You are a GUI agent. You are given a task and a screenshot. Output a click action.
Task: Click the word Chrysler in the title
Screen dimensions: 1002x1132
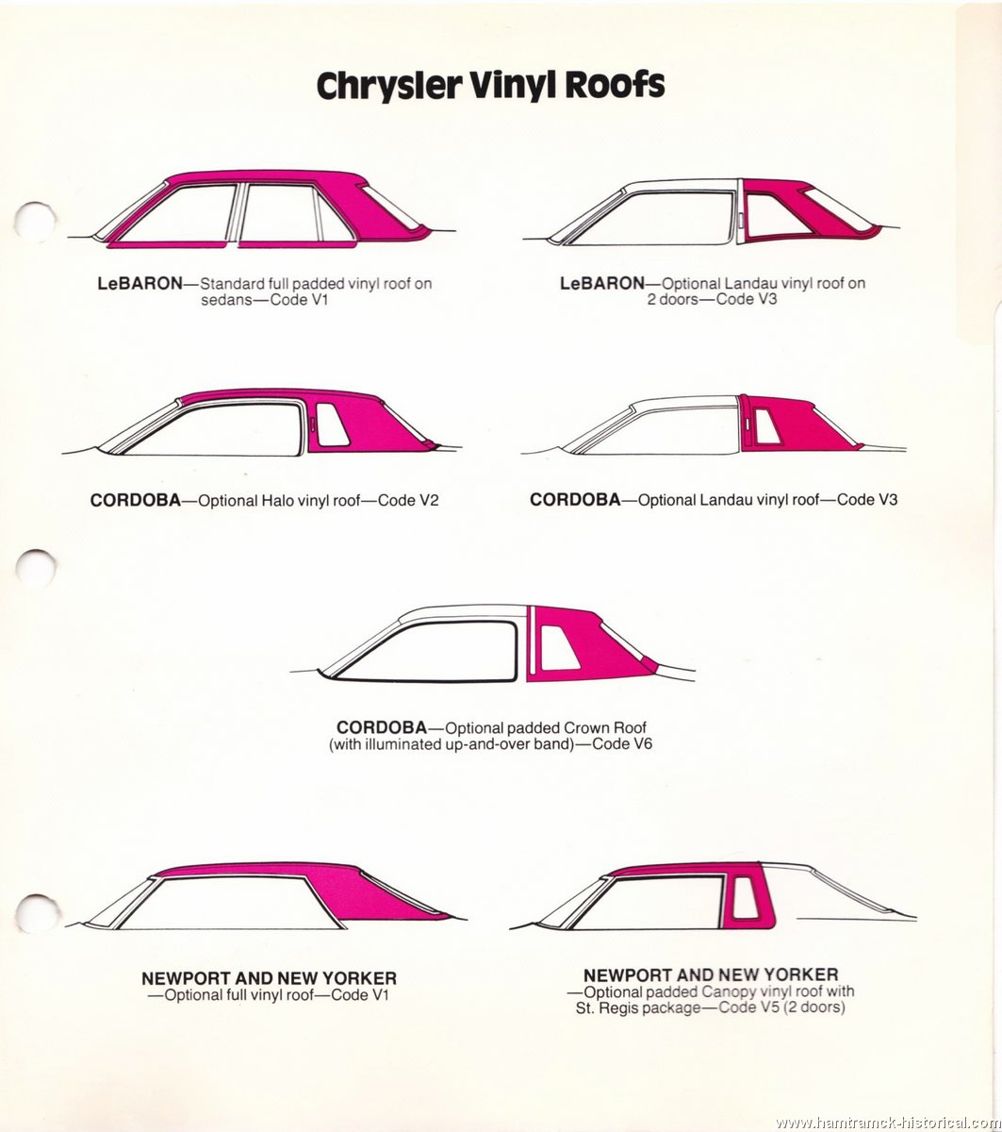(x=388, y=87)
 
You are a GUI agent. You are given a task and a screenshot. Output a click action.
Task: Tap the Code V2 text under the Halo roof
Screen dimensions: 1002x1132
(x=408, y=500)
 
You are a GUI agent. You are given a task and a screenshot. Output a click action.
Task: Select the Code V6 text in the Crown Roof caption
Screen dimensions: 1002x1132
(x=622, y=744)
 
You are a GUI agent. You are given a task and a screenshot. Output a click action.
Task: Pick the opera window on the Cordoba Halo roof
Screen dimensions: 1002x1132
(x=331, y=424)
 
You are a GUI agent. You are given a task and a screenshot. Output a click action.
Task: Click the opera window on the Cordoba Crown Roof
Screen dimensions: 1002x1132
(x=559, y=648)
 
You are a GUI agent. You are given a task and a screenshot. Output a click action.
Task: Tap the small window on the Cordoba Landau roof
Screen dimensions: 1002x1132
(x=767, y=426)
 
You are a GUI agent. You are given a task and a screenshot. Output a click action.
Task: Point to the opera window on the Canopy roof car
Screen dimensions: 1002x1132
(x=746, y=898)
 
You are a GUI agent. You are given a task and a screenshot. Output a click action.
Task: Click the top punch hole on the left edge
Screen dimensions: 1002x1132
(x=35, y=222)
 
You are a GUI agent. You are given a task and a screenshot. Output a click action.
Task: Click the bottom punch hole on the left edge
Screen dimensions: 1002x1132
(x=37, y=914)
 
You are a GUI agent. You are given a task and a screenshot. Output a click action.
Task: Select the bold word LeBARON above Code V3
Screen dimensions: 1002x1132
(x=601, y=283)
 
